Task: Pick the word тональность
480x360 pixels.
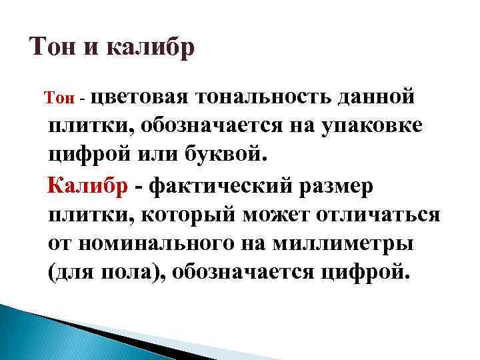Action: coord(266,97)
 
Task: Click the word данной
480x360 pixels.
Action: coord(379,97)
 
